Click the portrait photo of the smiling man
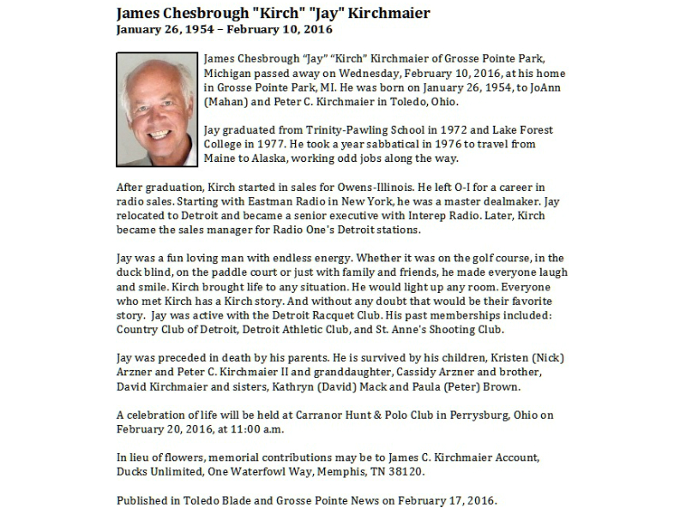pos(156,110)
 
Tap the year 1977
pos(268,144)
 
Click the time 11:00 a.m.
pos(254,429)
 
